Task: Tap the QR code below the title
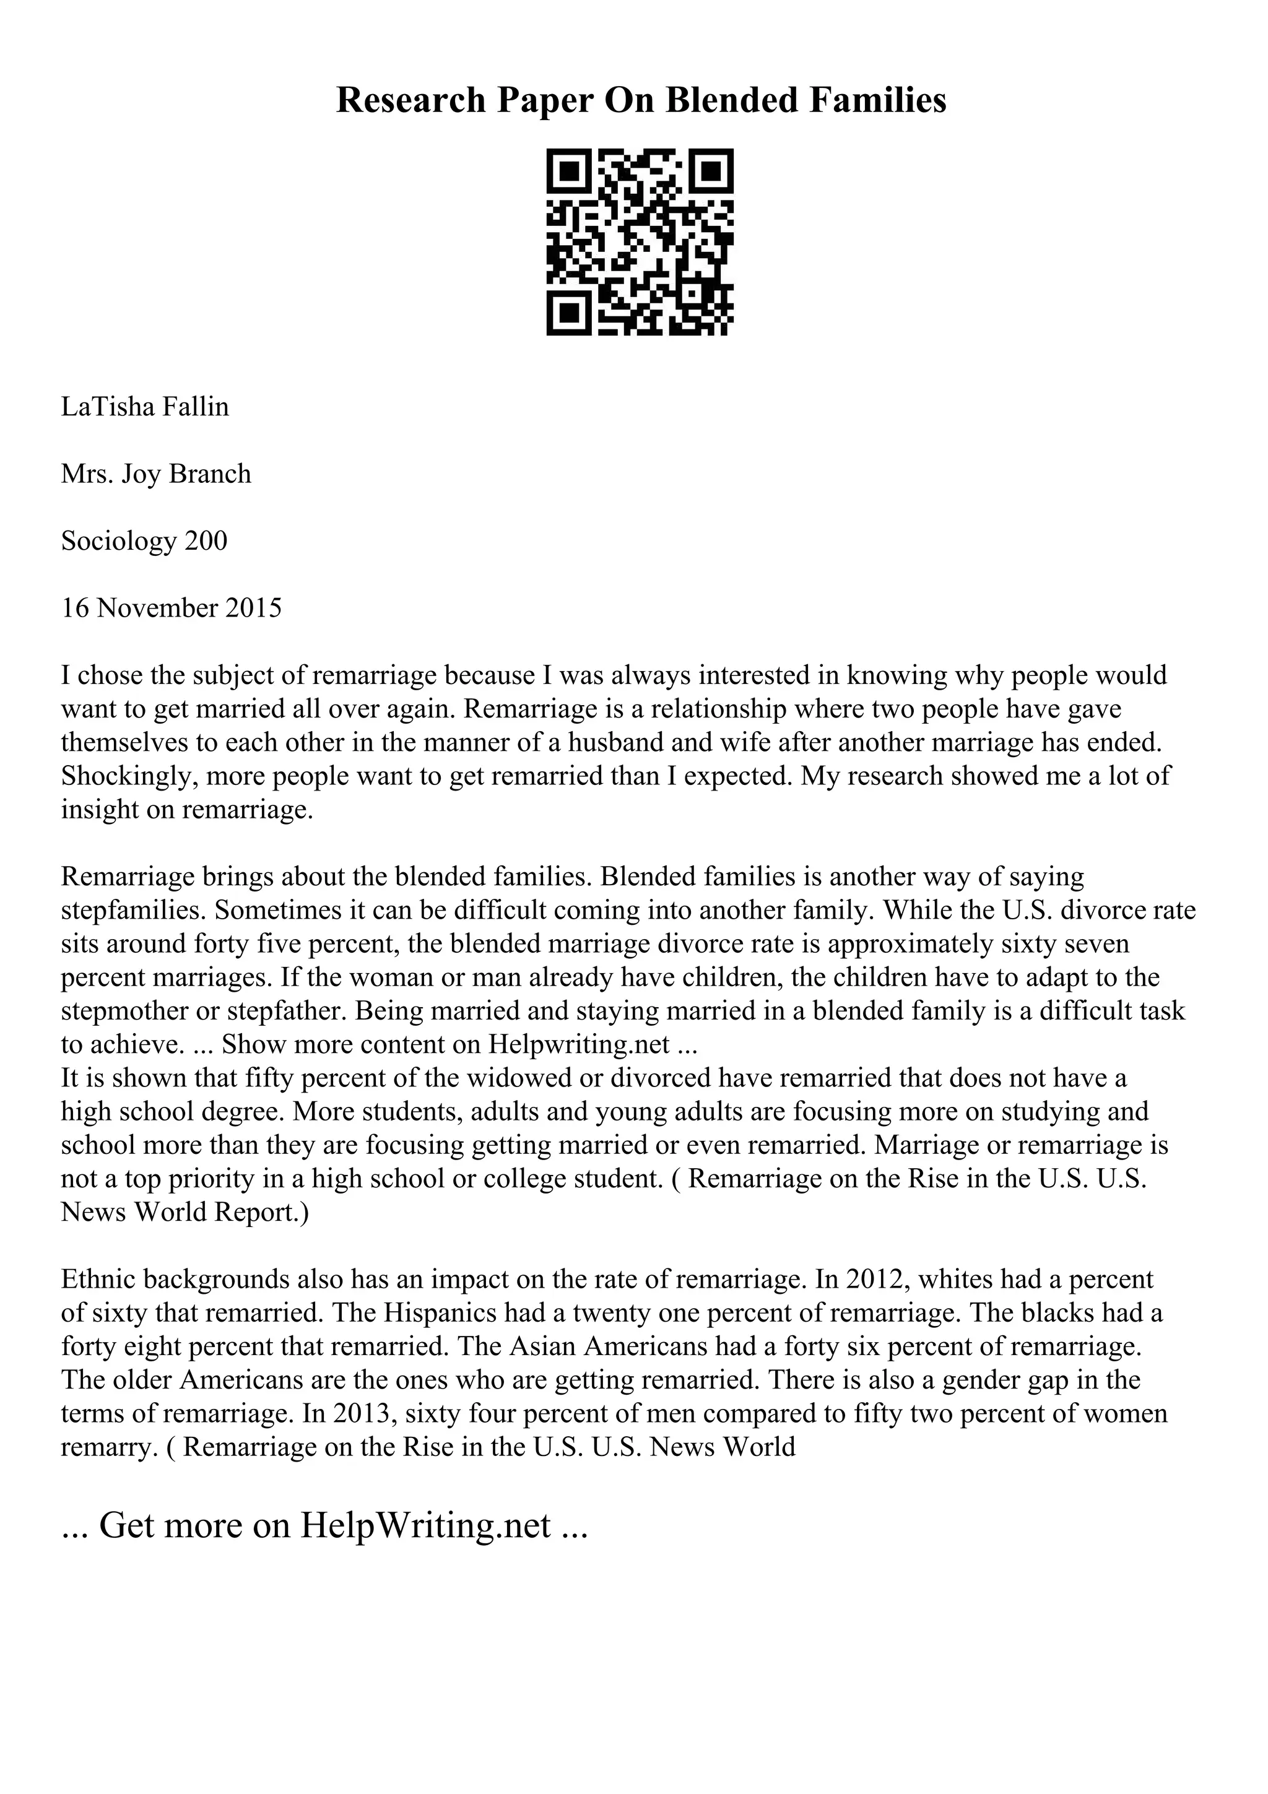pyautogui.click(x=640, y=242)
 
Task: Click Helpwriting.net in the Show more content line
pyautogui.click(x=579, y=1045)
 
